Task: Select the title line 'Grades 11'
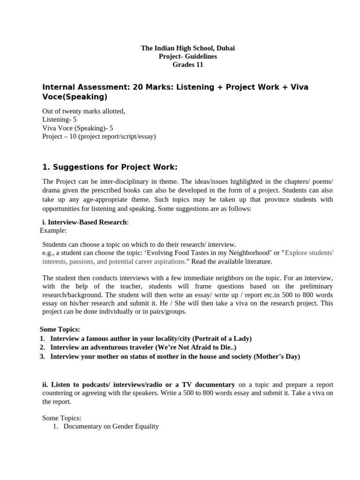[x=187, y=65]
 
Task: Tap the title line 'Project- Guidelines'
[x=187, y=57]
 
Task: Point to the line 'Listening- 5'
[x=60, y=120]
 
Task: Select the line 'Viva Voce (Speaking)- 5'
[x=77, y=128]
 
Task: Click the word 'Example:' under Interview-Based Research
[x=53, y=231]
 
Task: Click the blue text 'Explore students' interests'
[x=309, y=253]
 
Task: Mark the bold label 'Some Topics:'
[x=60, y=330]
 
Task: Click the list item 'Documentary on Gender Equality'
[x=111, y=427]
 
